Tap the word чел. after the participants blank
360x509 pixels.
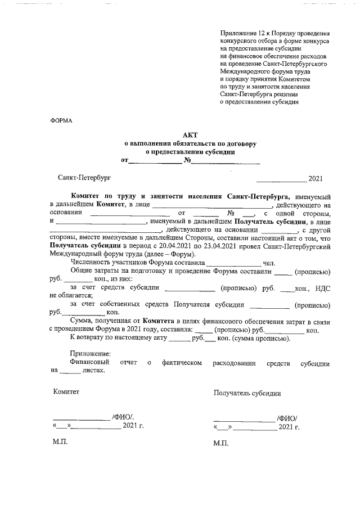(x=269, y=263)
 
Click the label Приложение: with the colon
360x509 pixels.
(x=90, y=354)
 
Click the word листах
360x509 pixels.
(x=93, y=371)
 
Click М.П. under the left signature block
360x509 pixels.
(x=60, y=443)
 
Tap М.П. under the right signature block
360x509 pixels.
(x=221, y=443)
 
